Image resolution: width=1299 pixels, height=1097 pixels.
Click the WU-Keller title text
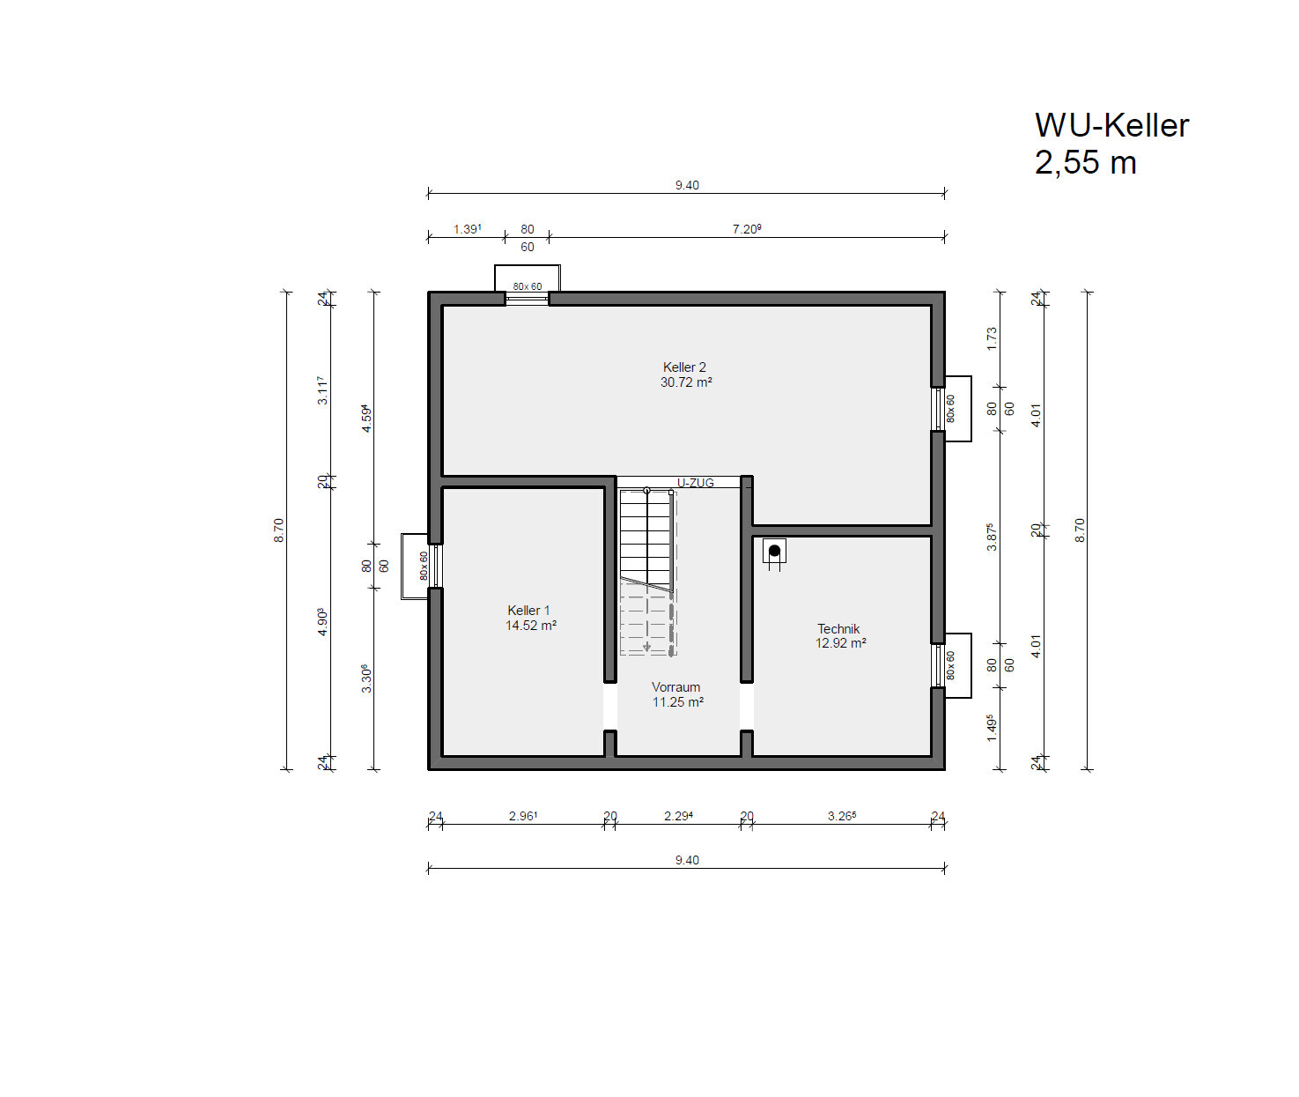click(x=1111, y=125)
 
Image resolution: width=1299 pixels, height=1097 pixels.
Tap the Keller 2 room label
click(x=684, y=367)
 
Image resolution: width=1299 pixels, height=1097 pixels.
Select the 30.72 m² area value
click(x=685, y=382)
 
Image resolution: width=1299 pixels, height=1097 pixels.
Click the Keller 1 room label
click(x=528, y=610)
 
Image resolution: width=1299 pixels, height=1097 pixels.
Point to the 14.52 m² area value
click(x=531, y=625)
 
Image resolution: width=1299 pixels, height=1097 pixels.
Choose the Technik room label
click(x=838, y=629)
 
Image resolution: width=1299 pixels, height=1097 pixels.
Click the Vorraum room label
click(x=675, y=686)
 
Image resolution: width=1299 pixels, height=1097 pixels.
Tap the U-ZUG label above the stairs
click(x=696, y=483)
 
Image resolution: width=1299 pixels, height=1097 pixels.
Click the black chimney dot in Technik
click(x=774, y=551)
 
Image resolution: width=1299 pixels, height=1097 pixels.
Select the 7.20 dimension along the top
click(x=747, y=229)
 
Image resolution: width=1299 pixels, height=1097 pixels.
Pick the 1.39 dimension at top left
click(x=468, y=229)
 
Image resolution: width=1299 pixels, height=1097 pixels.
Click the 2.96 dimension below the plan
click(x=522, y=816)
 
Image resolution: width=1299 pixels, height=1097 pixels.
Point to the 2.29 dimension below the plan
click(x=678, y=816)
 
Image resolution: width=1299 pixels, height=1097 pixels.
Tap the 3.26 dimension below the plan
click(x=842, y=816)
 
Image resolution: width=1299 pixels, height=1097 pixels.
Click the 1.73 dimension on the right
click(x=992, y=338)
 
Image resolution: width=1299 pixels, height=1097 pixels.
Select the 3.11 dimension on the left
click(x=322, y=390)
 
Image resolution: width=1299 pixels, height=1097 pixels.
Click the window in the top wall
click(x=527, y=299)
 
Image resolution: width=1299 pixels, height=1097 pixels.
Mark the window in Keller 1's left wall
click(x=435, y=566)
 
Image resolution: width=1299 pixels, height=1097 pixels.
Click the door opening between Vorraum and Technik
click(x=747, y=706)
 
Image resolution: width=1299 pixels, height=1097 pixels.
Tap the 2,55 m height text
click(x=1086, y=162)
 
